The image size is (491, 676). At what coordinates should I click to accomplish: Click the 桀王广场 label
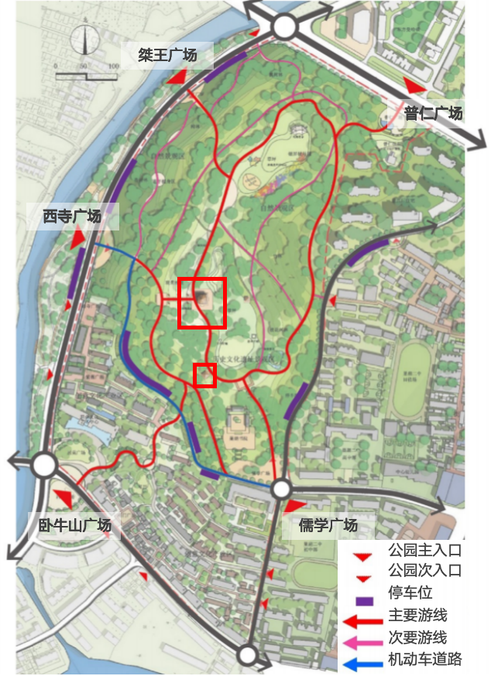[167, 56]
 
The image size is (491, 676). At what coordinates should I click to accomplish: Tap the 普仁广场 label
[433, 113]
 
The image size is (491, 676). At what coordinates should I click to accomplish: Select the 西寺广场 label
[72, 217]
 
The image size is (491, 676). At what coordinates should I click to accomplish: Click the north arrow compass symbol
[85, 41]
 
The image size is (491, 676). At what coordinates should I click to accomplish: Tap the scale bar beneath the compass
[86, 74]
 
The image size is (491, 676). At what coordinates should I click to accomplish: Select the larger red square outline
[202, 302]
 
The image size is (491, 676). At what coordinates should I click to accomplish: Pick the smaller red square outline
[204, 375]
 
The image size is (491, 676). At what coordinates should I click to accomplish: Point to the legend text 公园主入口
[425, 551]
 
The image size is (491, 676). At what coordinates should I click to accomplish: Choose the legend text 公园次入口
[425, 572]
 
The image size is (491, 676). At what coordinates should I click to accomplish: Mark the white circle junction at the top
[284, 27]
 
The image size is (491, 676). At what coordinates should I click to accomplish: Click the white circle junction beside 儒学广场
[280, 489]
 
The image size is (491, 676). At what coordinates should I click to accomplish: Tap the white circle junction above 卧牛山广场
[44, 465]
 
